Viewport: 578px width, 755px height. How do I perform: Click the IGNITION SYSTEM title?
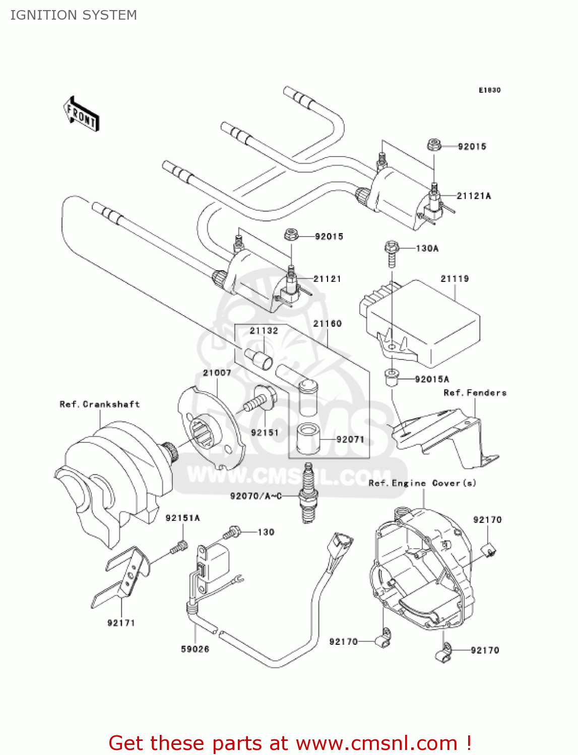click(x=74, y=15)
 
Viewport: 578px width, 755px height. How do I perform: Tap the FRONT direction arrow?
click(x=81, y=114)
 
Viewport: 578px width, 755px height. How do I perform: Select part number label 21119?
click(x=455, y=278)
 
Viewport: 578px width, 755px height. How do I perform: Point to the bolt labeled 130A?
click(x=392, y=253)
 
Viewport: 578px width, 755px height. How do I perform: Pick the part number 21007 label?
click(x=217, y=373)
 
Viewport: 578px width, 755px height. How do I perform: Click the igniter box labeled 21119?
click(x=423, y=322)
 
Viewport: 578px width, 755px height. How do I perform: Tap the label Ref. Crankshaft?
click(x=99, y=404)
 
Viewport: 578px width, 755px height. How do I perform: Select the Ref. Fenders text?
click(x=475, y=393)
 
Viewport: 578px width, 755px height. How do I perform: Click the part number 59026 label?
click(x=195, y=649)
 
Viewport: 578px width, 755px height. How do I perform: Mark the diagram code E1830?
click(x=489, y=90)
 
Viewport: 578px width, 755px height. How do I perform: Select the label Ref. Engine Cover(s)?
click(x=422, y=483)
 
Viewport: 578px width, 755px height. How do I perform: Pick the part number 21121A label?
click(x=474, y=196)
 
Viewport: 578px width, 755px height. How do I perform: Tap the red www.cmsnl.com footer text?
click(x=290, y=743)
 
